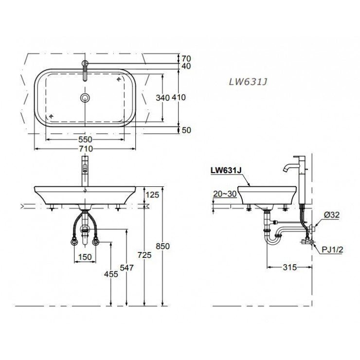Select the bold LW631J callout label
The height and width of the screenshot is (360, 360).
226,171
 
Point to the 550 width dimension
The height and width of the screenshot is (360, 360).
86,139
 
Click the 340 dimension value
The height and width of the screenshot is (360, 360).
162,97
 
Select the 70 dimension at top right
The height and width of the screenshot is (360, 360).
186,57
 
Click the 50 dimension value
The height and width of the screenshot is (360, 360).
186,130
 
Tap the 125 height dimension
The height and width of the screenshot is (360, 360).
152,196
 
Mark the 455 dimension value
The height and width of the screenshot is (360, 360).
111,274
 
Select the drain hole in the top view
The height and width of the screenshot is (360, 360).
86,98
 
